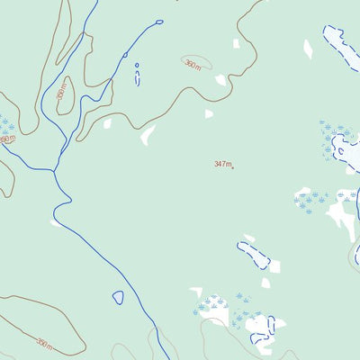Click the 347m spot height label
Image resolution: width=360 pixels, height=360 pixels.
(222, 164)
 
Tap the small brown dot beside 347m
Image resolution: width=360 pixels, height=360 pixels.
(233, 167)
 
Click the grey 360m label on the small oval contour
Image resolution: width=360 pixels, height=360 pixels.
(193, 64)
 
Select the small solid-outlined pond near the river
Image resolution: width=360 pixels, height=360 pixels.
(118, 297)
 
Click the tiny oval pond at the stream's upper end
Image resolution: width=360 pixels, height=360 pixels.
(159, 22)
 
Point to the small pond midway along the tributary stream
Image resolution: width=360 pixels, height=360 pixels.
(125, 55)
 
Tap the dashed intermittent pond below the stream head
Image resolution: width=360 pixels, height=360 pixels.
(138, 78)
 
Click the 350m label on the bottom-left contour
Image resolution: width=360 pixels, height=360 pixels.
(44, 342)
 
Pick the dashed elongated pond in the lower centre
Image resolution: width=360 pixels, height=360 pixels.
(254, 255)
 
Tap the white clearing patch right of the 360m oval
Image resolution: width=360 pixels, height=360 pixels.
(220, 80)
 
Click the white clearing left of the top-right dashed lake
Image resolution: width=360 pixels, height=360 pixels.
(308, 49)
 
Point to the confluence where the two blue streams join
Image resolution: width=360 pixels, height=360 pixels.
(55, 169)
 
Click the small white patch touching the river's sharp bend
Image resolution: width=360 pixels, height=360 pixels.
(57, 222)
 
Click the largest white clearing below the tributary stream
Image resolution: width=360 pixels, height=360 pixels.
(148, 136)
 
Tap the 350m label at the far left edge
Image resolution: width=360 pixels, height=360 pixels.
(7, 139)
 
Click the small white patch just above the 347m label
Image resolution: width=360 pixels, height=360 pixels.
(209, 114)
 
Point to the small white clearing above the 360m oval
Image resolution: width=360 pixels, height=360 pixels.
(237, 43)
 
